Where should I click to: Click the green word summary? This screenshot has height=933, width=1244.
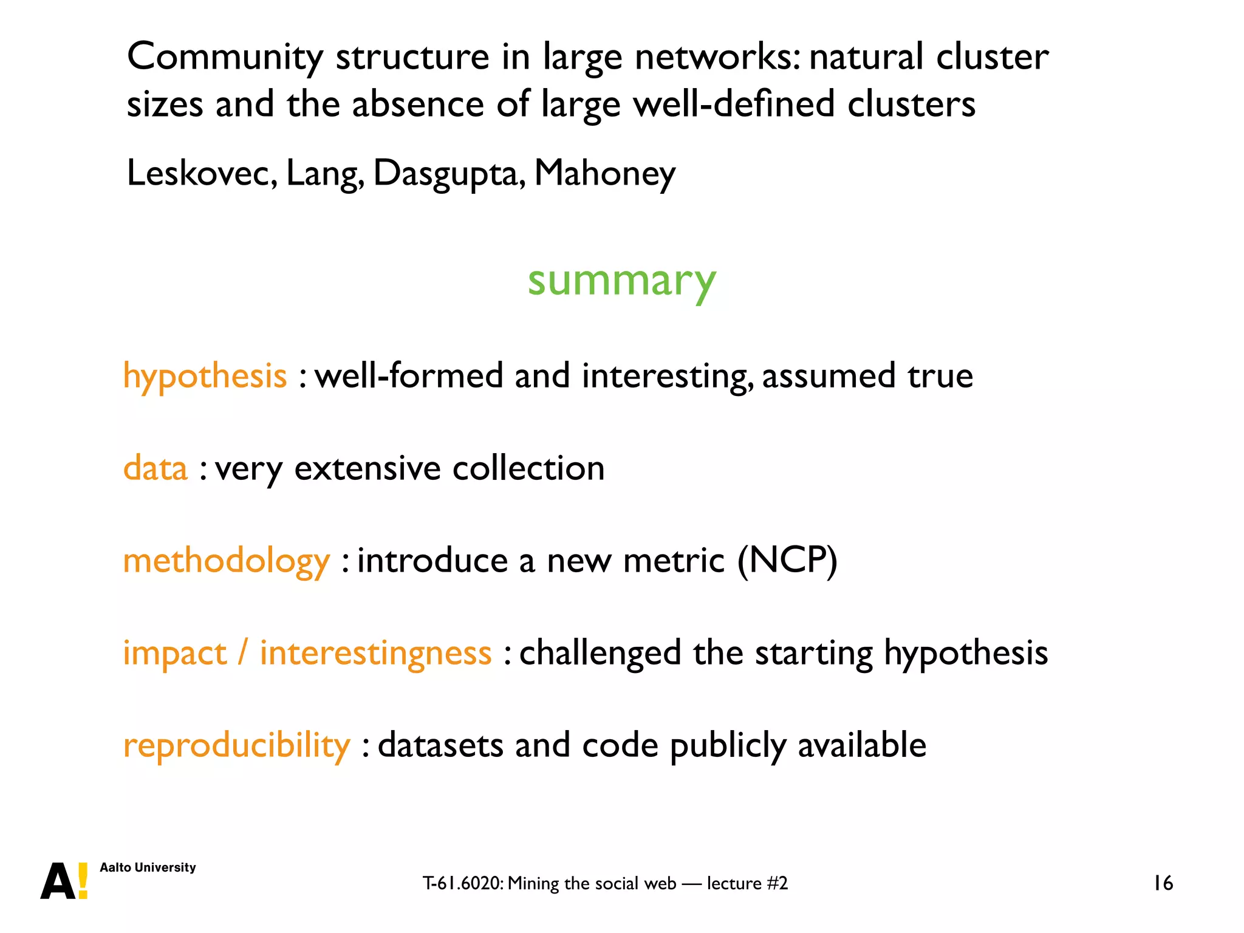click(x=621, y=282)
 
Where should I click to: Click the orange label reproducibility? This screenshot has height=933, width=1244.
click(x=236, y=745)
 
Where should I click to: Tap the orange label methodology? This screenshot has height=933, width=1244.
click(x=226, y=561)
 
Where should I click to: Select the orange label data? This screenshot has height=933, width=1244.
click(x=155, y=468)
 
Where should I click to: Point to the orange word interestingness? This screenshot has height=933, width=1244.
click(x=375, y=653)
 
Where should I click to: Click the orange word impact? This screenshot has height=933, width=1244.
click(x=175, y=653)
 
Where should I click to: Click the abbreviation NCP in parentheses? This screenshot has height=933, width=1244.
click(x=787, y=559)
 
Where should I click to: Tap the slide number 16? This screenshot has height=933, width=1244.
click(x=1163, y=883)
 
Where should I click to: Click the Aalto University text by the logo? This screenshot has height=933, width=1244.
click(x=148, y=867)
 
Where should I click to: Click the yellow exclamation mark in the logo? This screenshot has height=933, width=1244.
click(x=83, y=881)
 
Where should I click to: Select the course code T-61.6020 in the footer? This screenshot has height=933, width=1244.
click(x=462, y=883)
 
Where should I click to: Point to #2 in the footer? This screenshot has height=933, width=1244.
click(x=777, y=883)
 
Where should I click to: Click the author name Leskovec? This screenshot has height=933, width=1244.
click(x=201, y=173)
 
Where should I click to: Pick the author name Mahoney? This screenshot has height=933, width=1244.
click(x=604, y=173)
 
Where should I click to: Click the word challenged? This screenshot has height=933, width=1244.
click(x=600, y=653)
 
